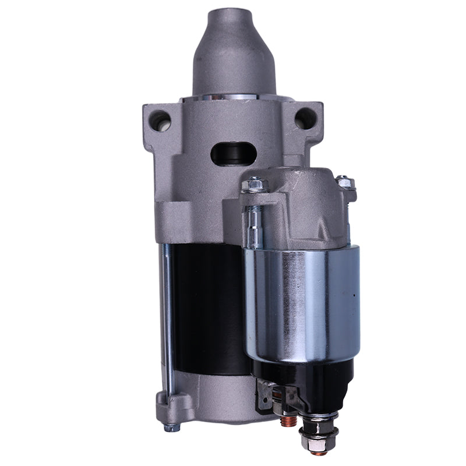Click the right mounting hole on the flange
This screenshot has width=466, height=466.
(x=305, y=119)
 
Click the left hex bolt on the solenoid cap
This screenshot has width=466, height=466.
(x=255, y=185)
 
